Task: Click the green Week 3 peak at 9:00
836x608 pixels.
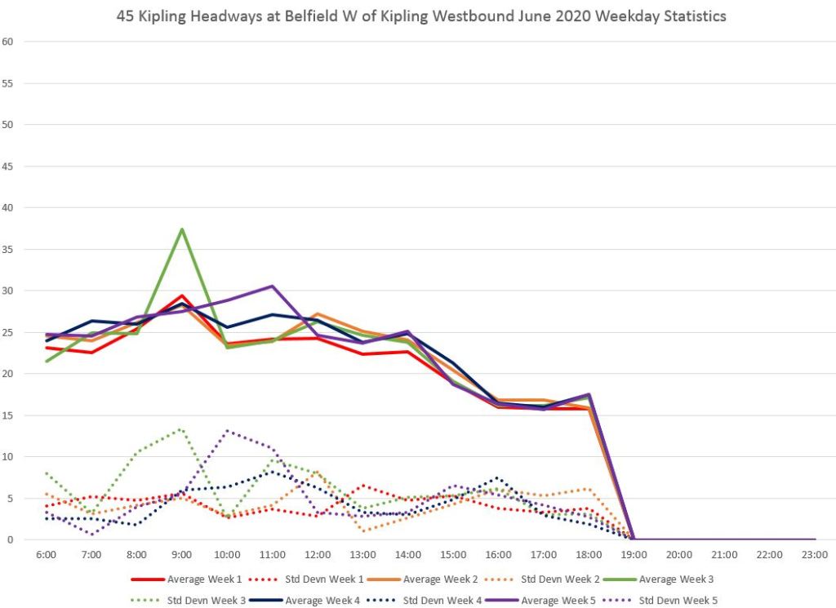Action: tap(182, 229)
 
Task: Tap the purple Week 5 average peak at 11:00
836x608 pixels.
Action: tap(272, 286)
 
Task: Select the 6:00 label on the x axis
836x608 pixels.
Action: tap(47, 553)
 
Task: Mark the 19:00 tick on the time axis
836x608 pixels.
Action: tap(634, 553)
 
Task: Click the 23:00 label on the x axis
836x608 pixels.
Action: tap(815, 553)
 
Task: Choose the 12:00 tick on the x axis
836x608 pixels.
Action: tap(318, 553)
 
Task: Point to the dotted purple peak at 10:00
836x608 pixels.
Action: tap(227, 431)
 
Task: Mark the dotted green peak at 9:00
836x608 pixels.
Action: tap(182, 428)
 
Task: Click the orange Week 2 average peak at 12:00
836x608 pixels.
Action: tap(318, 314)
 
